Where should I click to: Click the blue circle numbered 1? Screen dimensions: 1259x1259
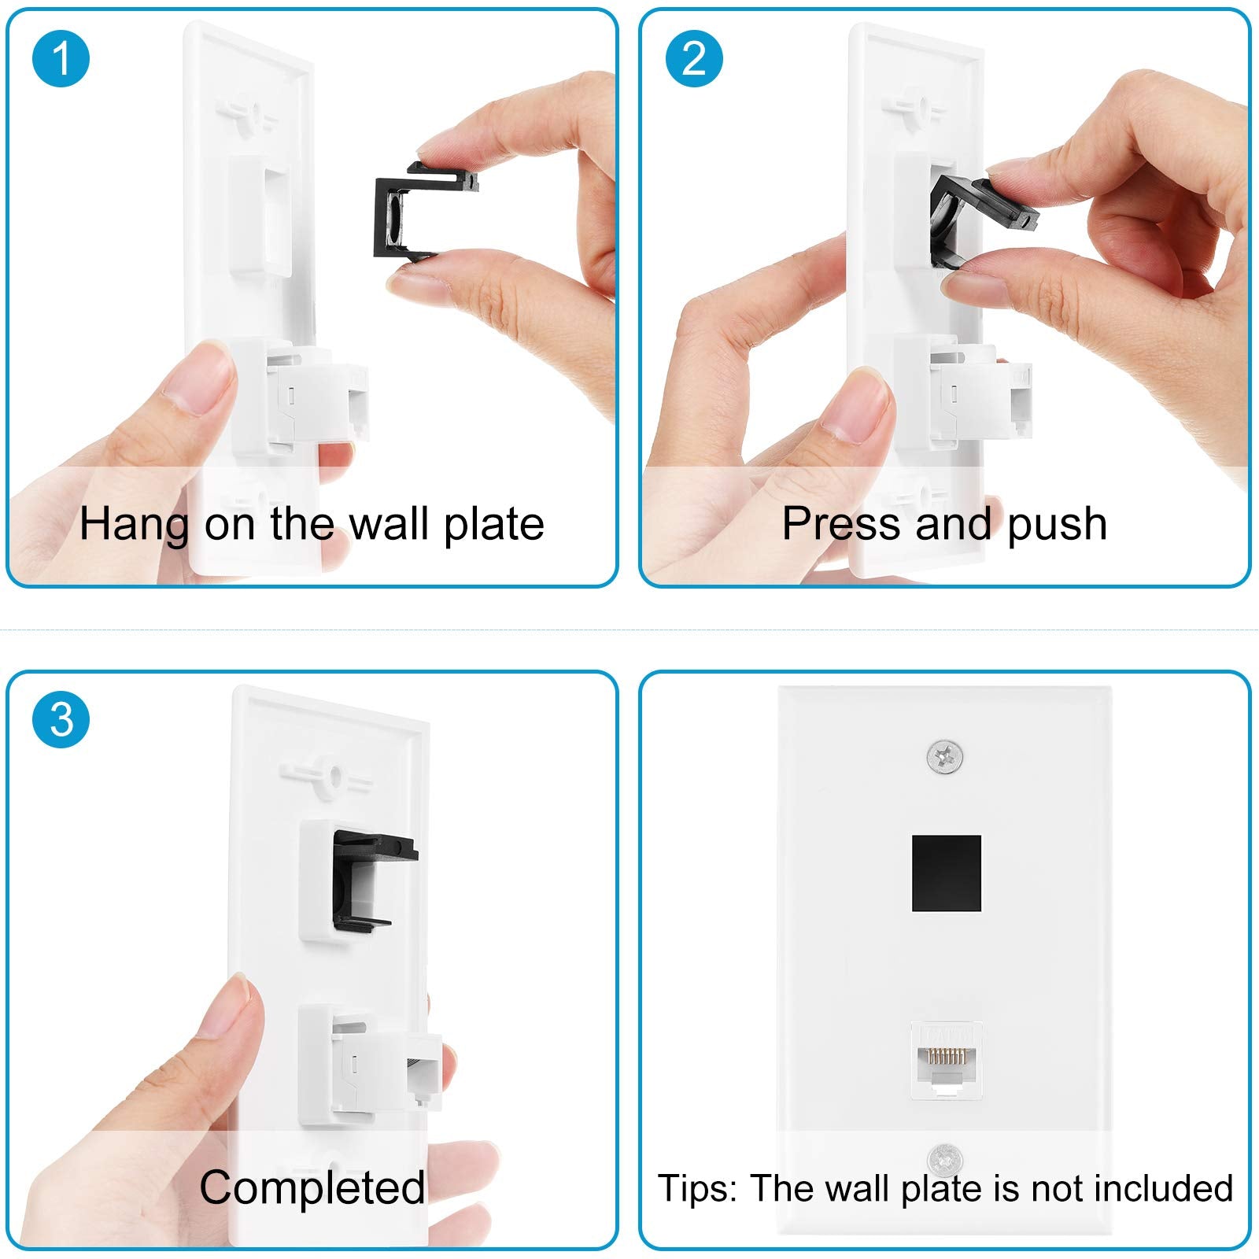point(61,59)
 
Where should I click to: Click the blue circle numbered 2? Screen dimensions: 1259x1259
point(694,59)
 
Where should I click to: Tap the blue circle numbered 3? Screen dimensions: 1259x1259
point(61,720)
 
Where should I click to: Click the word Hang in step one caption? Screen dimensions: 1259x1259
point(134,524)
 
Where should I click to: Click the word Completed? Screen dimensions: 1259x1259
point(312,1187)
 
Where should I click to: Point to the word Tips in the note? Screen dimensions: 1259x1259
point(697,1188)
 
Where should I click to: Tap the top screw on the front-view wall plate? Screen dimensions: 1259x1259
point(945,758)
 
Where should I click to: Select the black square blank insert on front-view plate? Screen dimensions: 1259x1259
point(947,873)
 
